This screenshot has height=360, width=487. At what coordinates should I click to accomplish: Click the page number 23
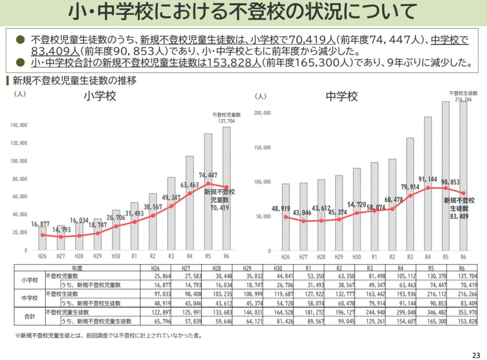pyautogui.click(x=476, y=355)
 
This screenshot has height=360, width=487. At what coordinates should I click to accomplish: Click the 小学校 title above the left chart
pyautogui.click(x=100, y=97)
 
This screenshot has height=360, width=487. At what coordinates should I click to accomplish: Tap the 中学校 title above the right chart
pyautogui.click(x=341, y=97)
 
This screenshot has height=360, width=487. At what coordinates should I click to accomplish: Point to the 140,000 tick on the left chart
pyautogui.click(x=19, y=126)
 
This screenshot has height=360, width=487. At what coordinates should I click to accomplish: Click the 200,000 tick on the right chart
pyautogui.click(x=263, y=113)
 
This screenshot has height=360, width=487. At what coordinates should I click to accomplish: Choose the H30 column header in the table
pyautogui.click(x=274, y=269)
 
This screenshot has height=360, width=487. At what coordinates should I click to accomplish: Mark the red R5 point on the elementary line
pyautogui.click(x=208, y=184)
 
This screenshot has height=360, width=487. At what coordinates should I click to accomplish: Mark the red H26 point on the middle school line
pyautogui.click(x=285, y=217)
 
